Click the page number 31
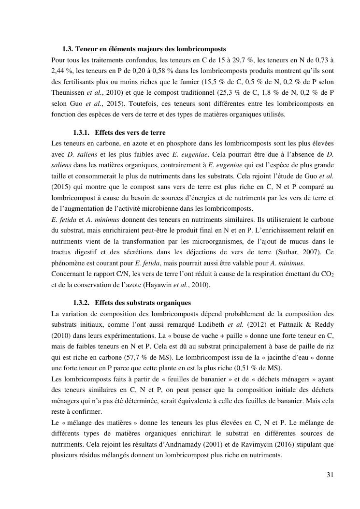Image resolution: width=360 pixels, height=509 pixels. pos(330,475)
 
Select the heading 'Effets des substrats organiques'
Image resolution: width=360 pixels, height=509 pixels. pos(143,303)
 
